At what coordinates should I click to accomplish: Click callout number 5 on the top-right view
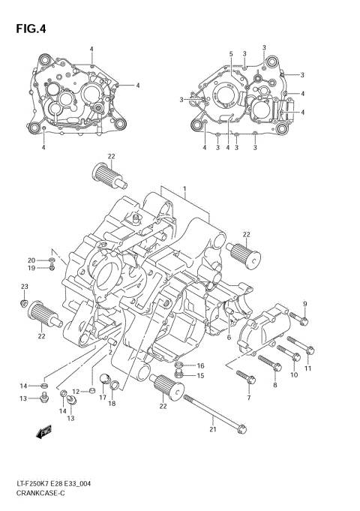(x=232, y=53)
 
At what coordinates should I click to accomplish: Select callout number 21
(x=213, y=429)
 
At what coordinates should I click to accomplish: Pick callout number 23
(x=24, y=287)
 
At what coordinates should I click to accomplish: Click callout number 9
(x=305, y=303)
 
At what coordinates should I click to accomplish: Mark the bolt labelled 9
(x=299, y=323)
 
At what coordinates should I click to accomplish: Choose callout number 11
(x=307, y=368)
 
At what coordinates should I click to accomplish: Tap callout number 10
(x=294, y=374)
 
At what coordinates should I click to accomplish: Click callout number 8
(x=274, y=385)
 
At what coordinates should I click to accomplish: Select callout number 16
(x=200, y=365)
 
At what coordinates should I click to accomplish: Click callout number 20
(x=31, y=260)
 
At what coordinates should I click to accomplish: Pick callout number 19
(x=31, y=269)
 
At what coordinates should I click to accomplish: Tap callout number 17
(x=103, y=398)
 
